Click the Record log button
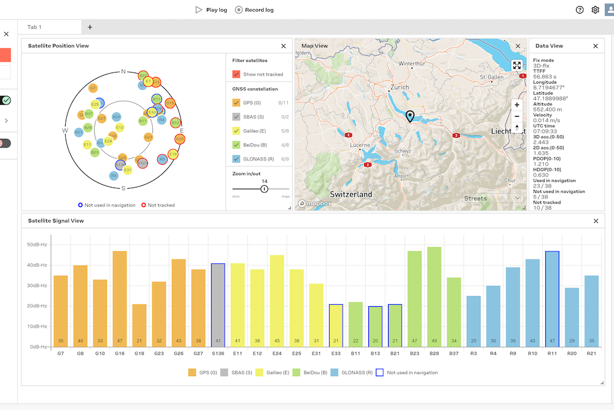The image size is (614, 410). tap(254, 10)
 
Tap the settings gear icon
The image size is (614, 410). tap(595, 10)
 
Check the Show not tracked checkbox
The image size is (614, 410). tap(236, 74)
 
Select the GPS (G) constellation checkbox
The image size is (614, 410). tap(236, 103)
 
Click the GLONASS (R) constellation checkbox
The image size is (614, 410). tap(236, 159)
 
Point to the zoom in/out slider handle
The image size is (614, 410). tap(265, 189)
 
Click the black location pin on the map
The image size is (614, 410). tap(410, 116)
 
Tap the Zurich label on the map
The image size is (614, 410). tap(399, 88)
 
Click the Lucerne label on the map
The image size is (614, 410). tap(360, 144)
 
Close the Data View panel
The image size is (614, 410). tap(595, 46)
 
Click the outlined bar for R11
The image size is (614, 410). tap(552, 298)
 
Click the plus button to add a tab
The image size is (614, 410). tap(90, 27)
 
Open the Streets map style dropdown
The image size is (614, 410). tap(492, 198)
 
